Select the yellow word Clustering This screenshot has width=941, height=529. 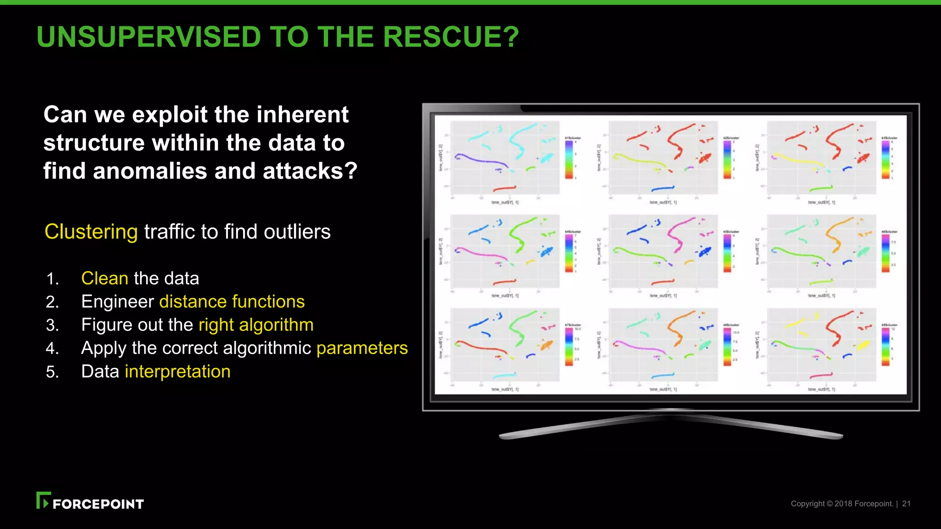pos(91,231)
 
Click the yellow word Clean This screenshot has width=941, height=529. pos(105,278)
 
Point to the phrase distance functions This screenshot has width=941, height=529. pos(232,302)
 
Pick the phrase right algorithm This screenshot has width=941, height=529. pos(256,325)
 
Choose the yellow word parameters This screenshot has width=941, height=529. pos(362,348)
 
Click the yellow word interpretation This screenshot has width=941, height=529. pos(177,371)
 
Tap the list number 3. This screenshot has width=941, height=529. pos(52,326)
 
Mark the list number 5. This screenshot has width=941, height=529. pos(52,372)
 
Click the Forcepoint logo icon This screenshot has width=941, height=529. pos(43,501)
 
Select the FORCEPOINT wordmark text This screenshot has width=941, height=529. pos(98,504)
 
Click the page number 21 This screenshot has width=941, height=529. pos(906,504)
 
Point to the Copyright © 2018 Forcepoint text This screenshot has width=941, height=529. pos(842,504)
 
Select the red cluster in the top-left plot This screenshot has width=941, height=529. pos(505,188)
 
